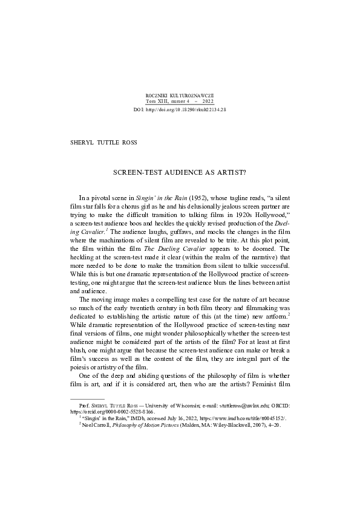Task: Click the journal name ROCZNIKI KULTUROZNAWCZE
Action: pos(180,96)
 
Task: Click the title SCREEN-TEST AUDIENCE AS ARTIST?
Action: pos(180,172)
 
